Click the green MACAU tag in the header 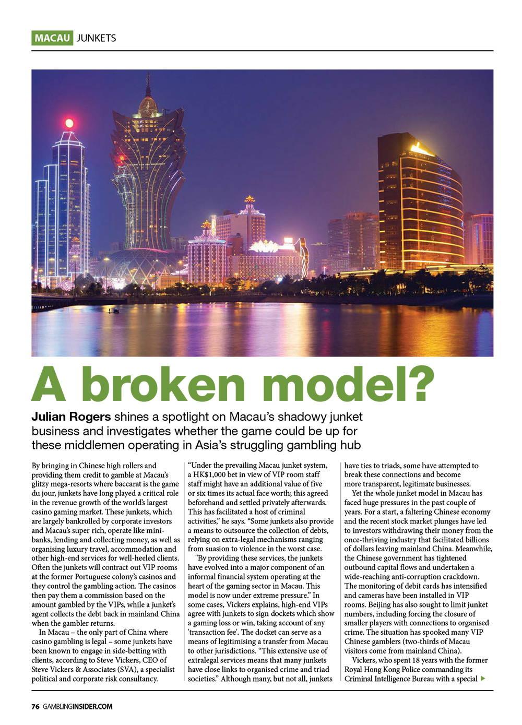(x=52, y=38)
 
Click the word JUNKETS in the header (x=96, y=38)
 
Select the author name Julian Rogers (x=71, y=417)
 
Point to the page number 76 (x=35, y=707)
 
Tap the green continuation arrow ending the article (x=483, y=679)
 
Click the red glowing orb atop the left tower (x=68, y=123)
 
